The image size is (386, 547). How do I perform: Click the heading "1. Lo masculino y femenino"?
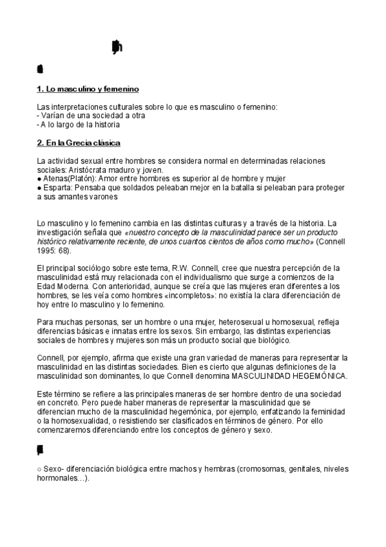88,88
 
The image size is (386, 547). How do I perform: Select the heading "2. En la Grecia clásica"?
79,142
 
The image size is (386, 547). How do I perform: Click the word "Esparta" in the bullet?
57,187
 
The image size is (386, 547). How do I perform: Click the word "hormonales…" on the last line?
61,479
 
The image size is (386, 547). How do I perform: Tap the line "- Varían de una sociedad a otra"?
91,115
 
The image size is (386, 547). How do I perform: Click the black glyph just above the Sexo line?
41,449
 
